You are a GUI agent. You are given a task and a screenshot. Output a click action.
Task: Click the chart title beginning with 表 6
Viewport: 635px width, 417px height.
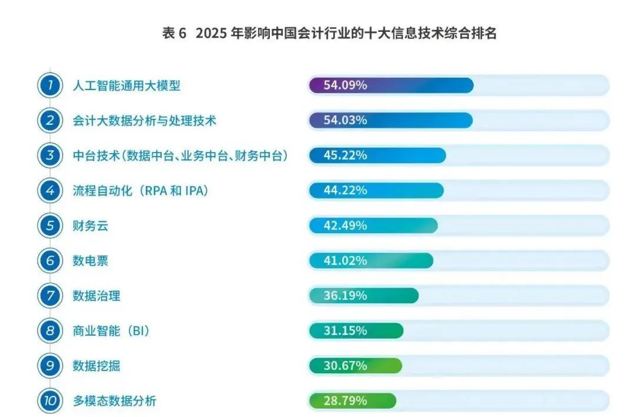[329, 34]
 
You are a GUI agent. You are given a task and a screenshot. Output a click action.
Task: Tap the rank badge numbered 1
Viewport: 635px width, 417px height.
[50, 85]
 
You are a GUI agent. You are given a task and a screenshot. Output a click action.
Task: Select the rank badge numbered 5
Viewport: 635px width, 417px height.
[50, 226]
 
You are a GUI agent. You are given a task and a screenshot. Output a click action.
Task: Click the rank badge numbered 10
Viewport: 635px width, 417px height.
[50, 401]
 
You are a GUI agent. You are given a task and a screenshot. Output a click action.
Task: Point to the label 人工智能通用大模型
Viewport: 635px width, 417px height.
[126, 85]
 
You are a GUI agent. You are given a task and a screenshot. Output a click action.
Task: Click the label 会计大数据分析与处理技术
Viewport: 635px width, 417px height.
[144, 121]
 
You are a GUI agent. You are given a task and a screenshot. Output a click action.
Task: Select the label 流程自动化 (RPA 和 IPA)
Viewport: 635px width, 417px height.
[141, 190]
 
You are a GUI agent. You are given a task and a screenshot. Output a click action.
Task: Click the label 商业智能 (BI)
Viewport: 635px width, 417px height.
[111, 331]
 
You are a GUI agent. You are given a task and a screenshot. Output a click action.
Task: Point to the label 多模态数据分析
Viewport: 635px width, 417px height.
[114, 401]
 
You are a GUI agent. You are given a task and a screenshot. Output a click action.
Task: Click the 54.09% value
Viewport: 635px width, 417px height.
[345, 85]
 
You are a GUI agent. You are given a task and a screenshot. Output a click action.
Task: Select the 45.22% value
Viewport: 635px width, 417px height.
[345, 155]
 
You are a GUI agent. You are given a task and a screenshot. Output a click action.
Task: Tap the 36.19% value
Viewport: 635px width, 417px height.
[345, 296]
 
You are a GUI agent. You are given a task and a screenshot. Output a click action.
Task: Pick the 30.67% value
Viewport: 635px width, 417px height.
[345, 366]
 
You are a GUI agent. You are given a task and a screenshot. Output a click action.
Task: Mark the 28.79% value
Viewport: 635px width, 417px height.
[345, 401]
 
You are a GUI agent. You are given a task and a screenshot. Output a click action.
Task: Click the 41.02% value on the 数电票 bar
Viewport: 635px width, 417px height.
[345, 261]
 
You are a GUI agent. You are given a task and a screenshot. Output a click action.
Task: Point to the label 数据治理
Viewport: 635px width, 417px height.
[96, 296]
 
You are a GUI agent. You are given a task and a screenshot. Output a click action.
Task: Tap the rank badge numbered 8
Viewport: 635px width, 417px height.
[50, 331]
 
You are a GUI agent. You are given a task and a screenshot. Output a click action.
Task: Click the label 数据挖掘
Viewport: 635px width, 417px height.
[96, 366]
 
